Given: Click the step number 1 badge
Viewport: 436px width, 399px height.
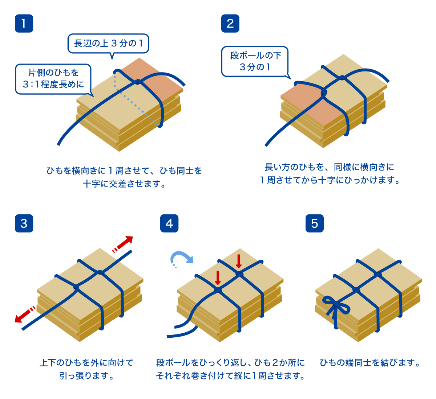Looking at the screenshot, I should pos(24,24).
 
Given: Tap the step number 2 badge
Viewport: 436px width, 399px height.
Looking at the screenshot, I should pos(230,24).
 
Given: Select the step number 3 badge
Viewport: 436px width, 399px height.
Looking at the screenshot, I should pos(24,223).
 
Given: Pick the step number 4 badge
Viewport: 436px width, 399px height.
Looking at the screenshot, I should pos(169,223).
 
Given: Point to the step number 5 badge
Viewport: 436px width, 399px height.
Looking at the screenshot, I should pos(315,223).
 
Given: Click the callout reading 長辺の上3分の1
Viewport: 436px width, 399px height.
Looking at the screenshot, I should pos(108,44).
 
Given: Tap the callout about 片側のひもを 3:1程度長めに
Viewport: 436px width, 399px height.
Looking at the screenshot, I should pos(53,79).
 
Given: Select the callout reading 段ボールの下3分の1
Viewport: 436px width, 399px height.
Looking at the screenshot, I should pos(255,61).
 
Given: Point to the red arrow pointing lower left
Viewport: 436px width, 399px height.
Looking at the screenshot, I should pos(24,314).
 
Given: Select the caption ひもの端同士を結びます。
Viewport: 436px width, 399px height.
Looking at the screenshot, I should pos(370,362).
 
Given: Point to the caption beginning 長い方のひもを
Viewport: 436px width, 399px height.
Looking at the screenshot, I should pos(330,173).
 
